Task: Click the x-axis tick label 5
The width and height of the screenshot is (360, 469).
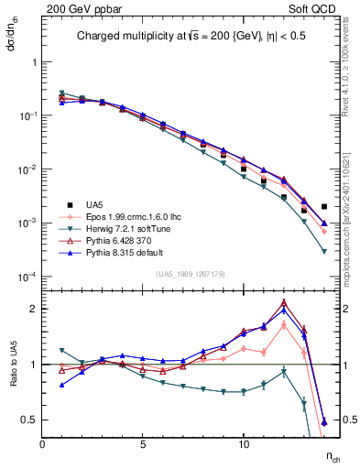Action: click(143, 444)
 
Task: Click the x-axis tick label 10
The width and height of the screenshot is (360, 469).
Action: click(244, 444)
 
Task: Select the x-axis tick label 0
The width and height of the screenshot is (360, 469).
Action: click(42, 444)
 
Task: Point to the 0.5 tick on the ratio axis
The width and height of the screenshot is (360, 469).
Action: click(28, 420)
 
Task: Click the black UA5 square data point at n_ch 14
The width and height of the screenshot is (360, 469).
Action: click(324, 207)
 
